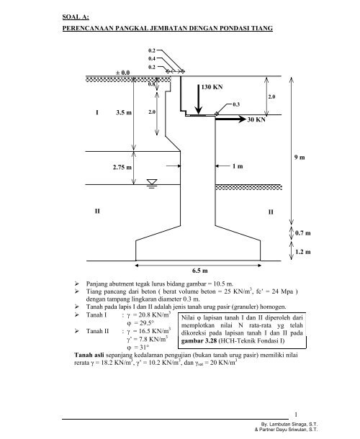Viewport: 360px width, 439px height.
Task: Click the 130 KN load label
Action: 212,87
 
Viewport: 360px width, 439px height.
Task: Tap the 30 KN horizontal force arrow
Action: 230,119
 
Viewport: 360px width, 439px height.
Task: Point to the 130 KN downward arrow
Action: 198,99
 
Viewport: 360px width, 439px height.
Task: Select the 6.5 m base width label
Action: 199,271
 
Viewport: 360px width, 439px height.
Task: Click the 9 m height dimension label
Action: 300,158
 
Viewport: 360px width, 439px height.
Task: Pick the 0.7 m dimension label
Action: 303,233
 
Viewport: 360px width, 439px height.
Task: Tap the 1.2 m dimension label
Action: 303,252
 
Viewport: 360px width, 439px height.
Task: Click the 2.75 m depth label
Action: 122,168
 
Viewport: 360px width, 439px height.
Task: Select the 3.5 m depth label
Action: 124,112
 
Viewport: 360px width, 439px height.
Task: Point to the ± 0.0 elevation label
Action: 122,73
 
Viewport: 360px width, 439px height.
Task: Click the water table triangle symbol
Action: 152,182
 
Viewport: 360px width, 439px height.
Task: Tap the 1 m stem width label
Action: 238,166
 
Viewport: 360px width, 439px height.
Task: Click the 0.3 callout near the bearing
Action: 236,104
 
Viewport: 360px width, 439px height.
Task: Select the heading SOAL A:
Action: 76,17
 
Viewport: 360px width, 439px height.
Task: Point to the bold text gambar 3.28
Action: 199,341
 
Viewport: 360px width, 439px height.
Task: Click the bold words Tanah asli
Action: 89,355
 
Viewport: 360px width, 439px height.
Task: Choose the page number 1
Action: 296,415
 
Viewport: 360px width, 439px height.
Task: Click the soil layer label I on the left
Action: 97,112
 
